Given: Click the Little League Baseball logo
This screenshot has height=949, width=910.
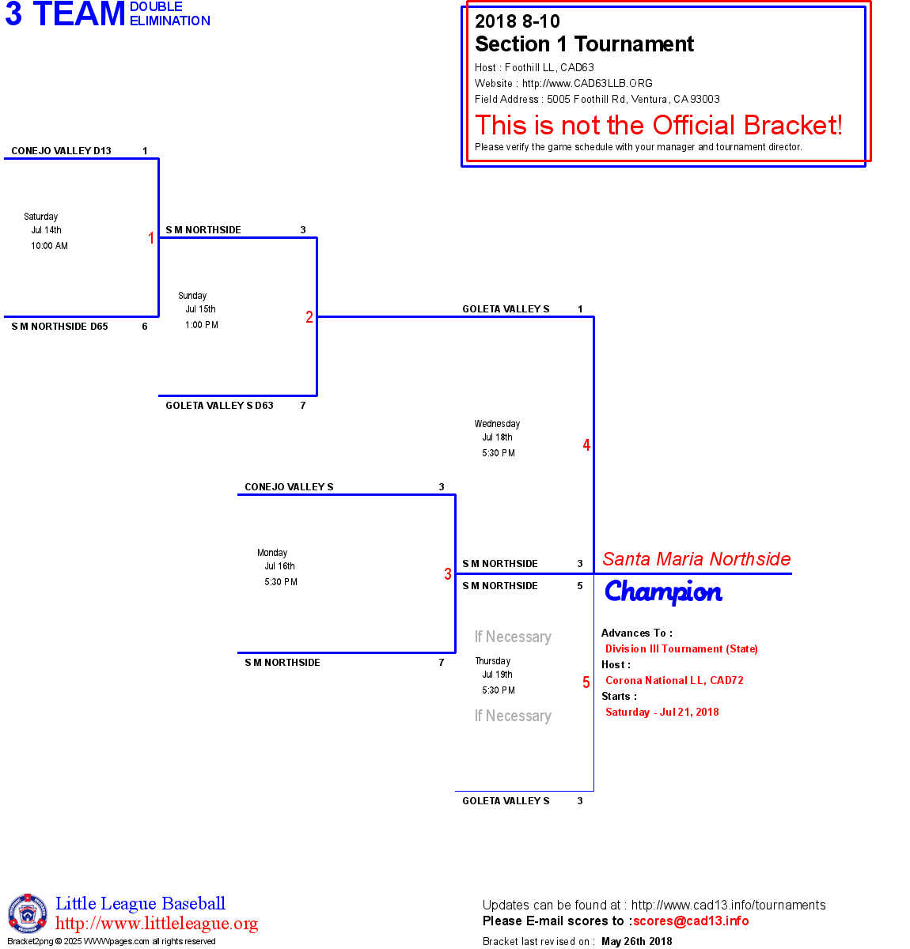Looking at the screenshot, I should coord(28,913).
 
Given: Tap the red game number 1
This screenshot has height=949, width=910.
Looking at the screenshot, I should coord(151,238).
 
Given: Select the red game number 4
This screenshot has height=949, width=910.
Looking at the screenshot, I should coord(586,445).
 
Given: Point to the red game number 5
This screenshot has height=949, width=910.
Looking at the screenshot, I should coord(586,682).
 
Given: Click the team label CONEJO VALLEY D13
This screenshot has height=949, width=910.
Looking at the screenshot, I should coord(61,151).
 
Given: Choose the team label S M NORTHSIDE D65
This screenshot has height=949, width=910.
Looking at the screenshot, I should coord(59,327).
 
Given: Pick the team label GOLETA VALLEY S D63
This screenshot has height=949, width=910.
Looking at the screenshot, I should coord(219,406).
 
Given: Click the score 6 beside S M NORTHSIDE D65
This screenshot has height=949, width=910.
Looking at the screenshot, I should coord(145,327).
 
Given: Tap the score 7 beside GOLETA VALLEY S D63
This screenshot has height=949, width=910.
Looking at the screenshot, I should coord(303,406).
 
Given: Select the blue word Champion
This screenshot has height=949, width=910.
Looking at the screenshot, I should coord(663,592).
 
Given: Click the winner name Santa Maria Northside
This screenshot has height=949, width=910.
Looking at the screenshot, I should coord(696,559).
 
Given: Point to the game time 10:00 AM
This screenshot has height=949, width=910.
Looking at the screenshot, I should coord(49,246).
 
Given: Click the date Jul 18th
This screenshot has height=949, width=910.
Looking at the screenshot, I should coord(497,437).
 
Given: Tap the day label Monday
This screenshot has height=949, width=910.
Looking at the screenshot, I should coord(272,553).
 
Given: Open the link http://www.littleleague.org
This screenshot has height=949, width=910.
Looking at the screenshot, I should coord(157,924).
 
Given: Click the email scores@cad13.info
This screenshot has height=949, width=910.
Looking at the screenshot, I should coord(691,921).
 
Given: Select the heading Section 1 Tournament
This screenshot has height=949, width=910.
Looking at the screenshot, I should coord(584,44).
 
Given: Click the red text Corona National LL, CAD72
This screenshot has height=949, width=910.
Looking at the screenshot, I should coord(674,680).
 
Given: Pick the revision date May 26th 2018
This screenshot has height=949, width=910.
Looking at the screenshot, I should coord(637,941).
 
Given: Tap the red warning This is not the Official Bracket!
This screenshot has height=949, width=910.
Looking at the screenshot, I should coord(658,125).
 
